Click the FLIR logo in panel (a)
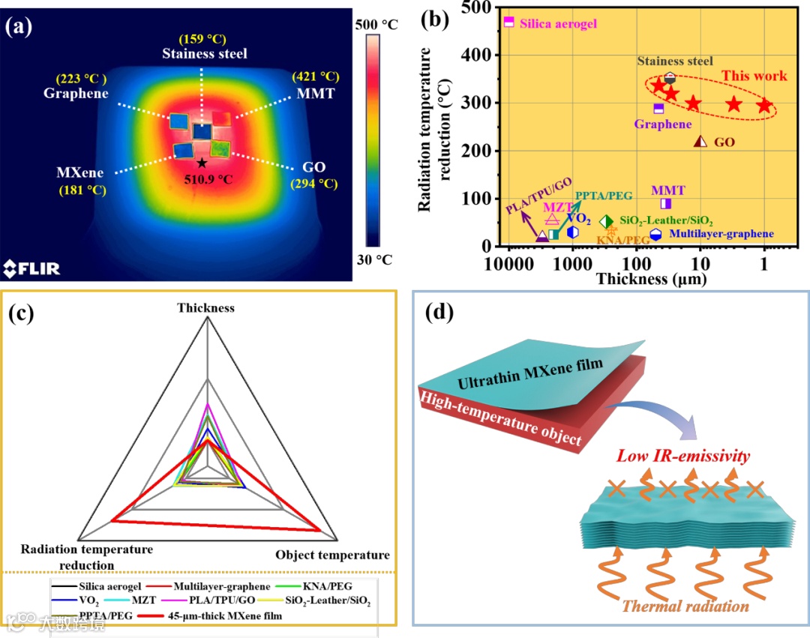(x=32, y=268)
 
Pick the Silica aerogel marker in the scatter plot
(x=509, y=22)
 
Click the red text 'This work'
(x=754, y=76)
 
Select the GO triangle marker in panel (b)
(x=700, y=141)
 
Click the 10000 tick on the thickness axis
(x=509, y=265)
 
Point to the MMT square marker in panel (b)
(x=665, y=203)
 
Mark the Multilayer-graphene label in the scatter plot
(x=721, y=234)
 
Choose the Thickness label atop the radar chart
(x=206, y=307)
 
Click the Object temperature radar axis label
(x=332, y=555)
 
